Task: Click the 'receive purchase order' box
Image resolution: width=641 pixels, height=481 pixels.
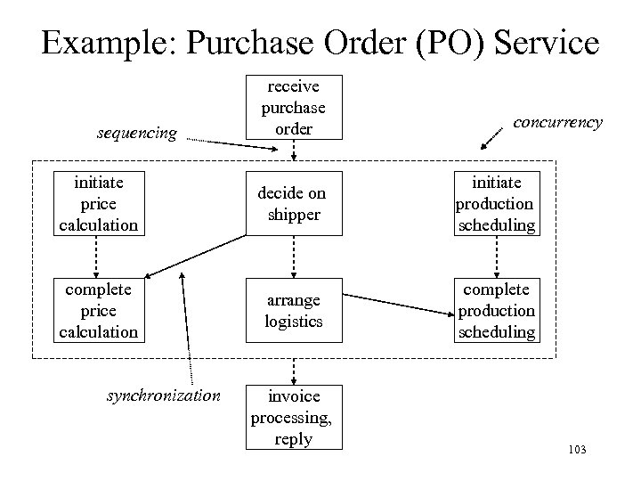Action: (x=293, y=108)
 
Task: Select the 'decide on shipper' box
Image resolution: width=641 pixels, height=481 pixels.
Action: (x=293, y=204)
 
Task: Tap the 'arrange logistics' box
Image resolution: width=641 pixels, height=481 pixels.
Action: (x=293, y=311)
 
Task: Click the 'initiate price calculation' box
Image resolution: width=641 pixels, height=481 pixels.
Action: (x=98, y=204)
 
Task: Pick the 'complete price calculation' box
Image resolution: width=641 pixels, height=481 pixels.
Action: (x=98, y=311)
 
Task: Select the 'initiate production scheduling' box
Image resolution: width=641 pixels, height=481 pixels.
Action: (x=496, y=204)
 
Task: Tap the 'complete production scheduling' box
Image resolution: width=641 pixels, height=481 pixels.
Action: (x=496, y=311)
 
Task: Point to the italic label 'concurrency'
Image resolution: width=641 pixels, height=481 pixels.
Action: (x=559, y=122)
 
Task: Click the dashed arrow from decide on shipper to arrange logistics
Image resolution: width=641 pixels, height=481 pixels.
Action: (x=293, y=257)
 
